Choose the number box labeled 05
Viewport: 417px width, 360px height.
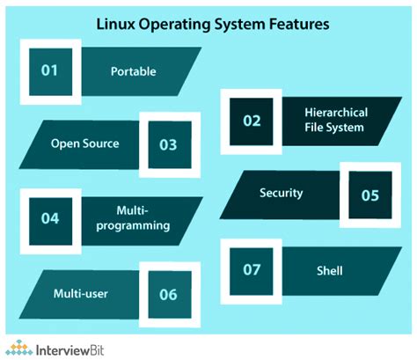(x=368, y=195)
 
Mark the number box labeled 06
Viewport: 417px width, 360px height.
(x=166, y=291)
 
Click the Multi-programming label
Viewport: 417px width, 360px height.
(x=129, y=217)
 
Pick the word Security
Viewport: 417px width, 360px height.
(x=281, y=193)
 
